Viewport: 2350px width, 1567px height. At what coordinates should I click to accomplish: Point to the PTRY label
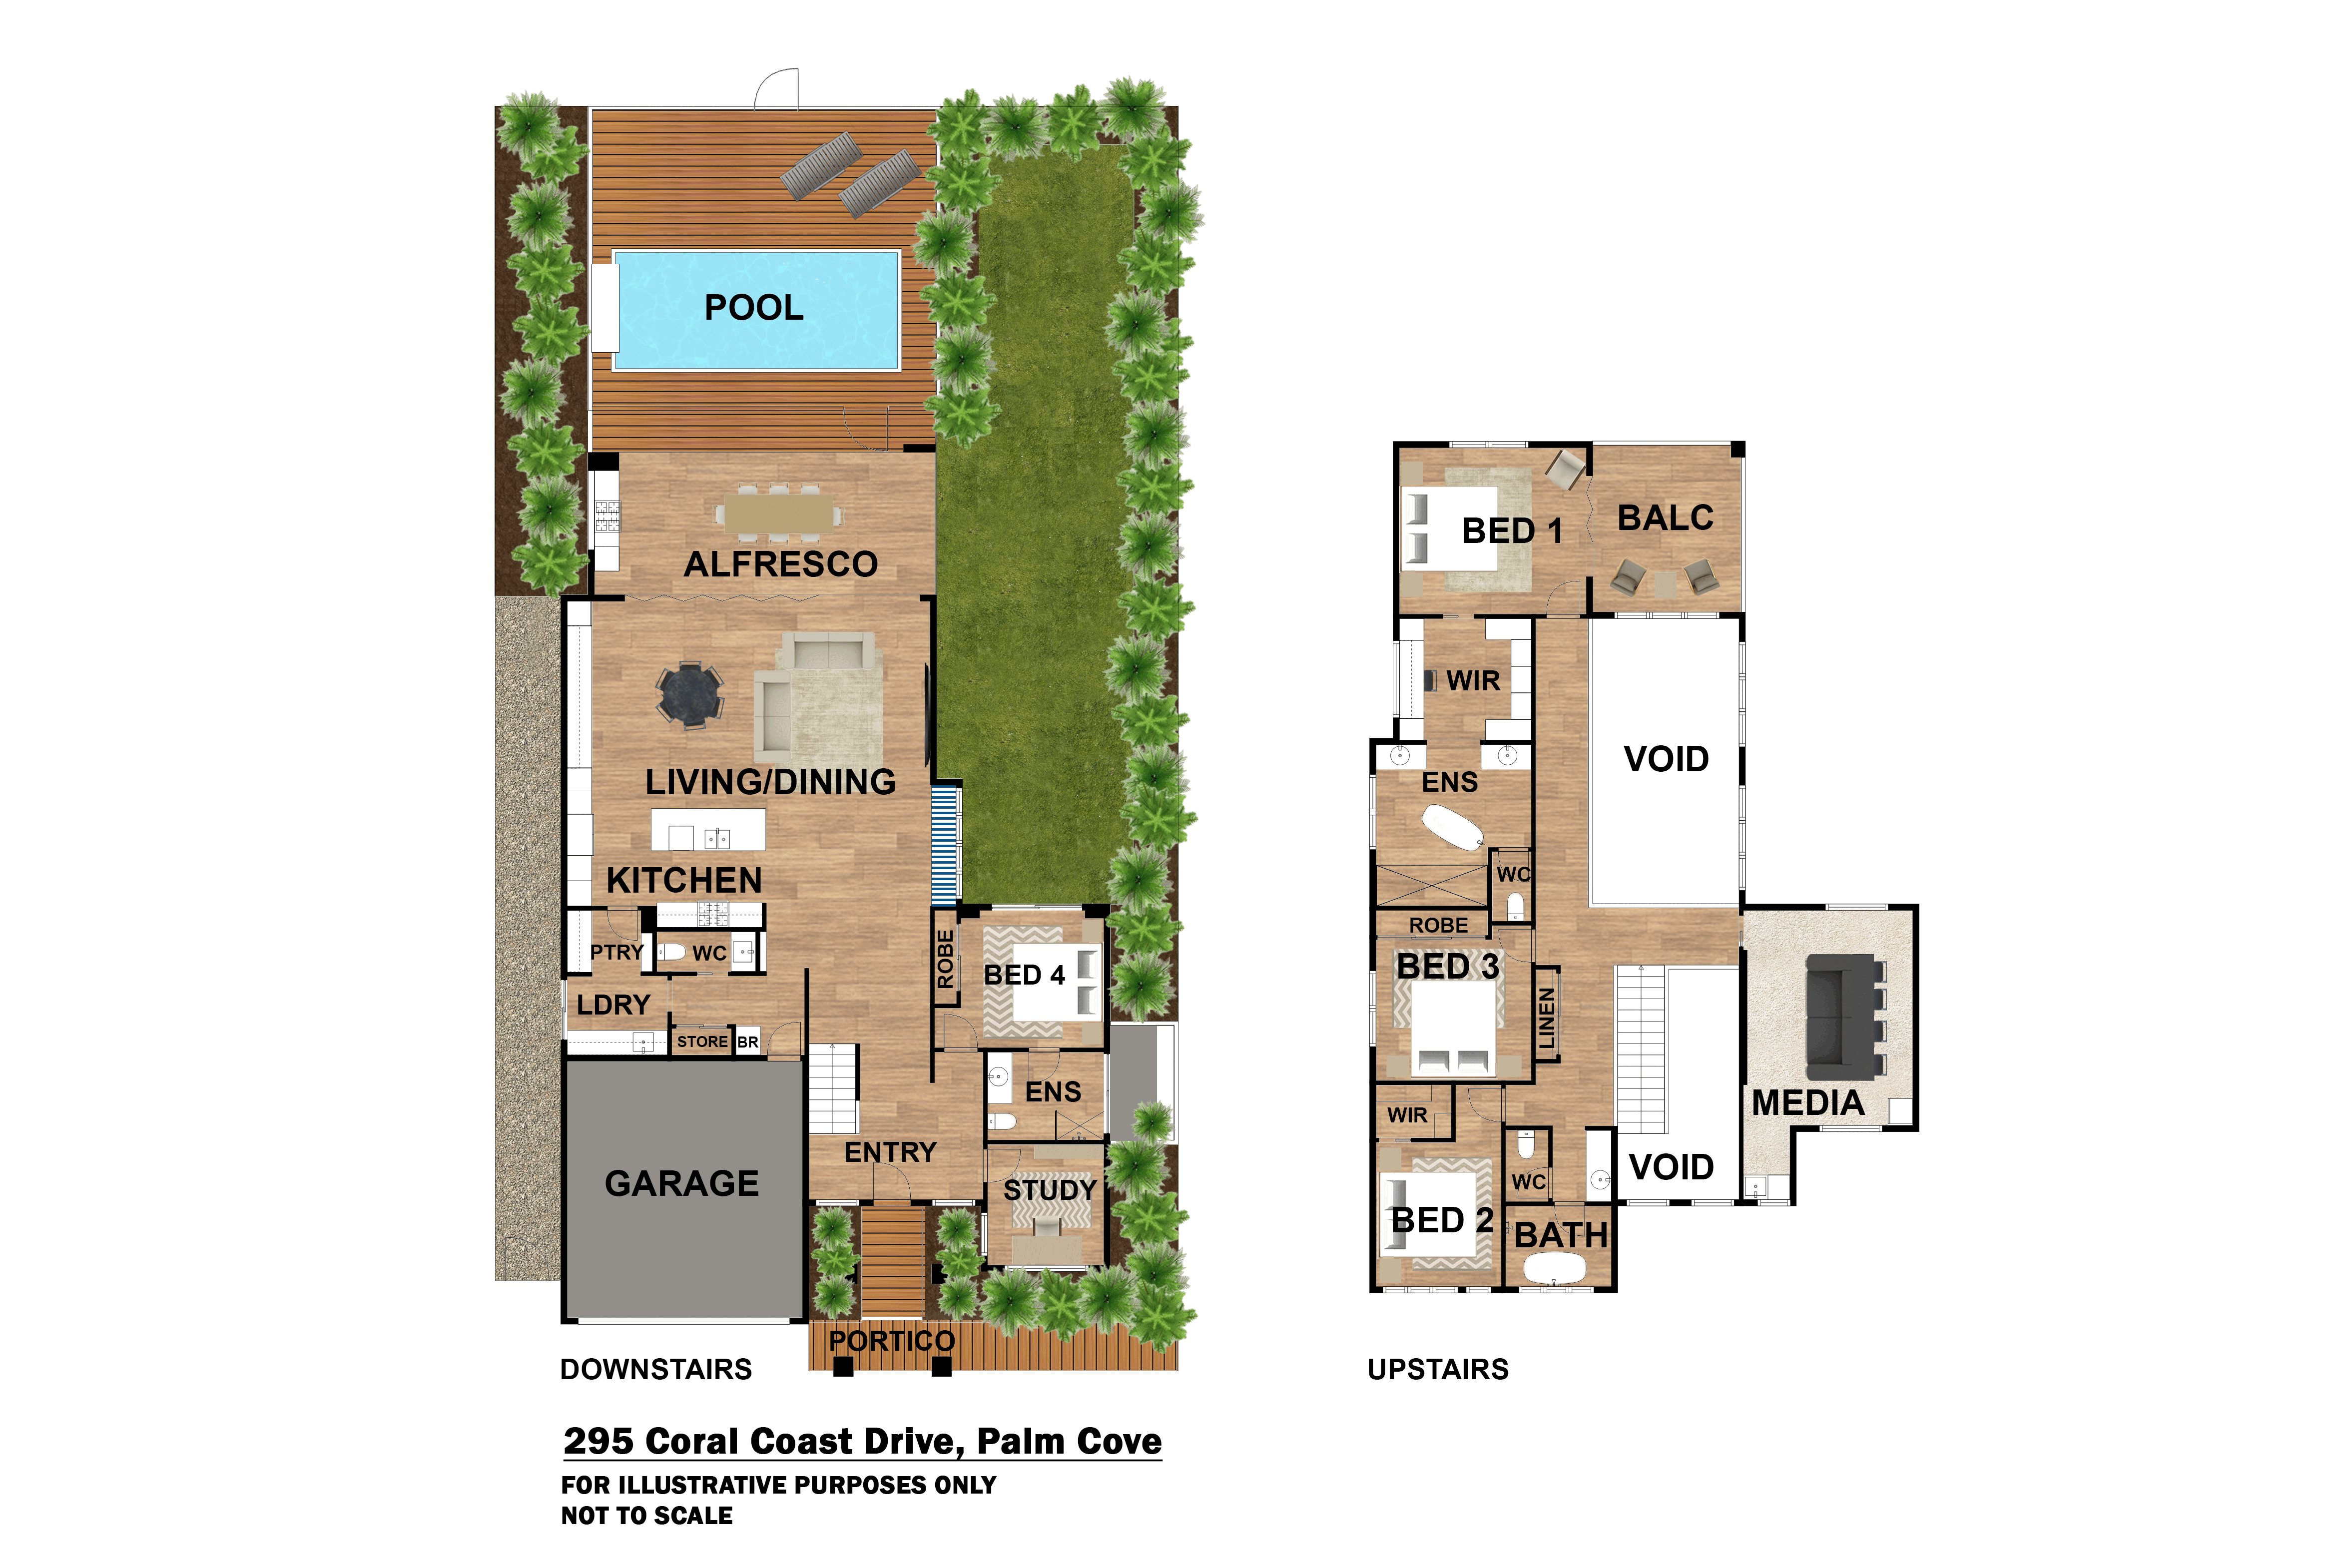tap(616, 953)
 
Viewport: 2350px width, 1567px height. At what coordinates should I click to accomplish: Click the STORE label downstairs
tap(702, 1042)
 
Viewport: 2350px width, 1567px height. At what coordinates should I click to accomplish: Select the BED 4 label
tap(1024, 976)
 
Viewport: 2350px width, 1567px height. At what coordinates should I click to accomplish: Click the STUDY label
tap(1050, 1190)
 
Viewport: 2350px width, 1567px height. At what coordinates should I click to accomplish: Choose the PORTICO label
tap(892, 1341)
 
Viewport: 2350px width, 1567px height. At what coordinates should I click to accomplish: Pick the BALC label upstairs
tap(1666, 518)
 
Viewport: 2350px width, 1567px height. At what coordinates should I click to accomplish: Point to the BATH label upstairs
tap(1561, 1235)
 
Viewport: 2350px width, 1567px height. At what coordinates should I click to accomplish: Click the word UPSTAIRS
tap(1438, 1369)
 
